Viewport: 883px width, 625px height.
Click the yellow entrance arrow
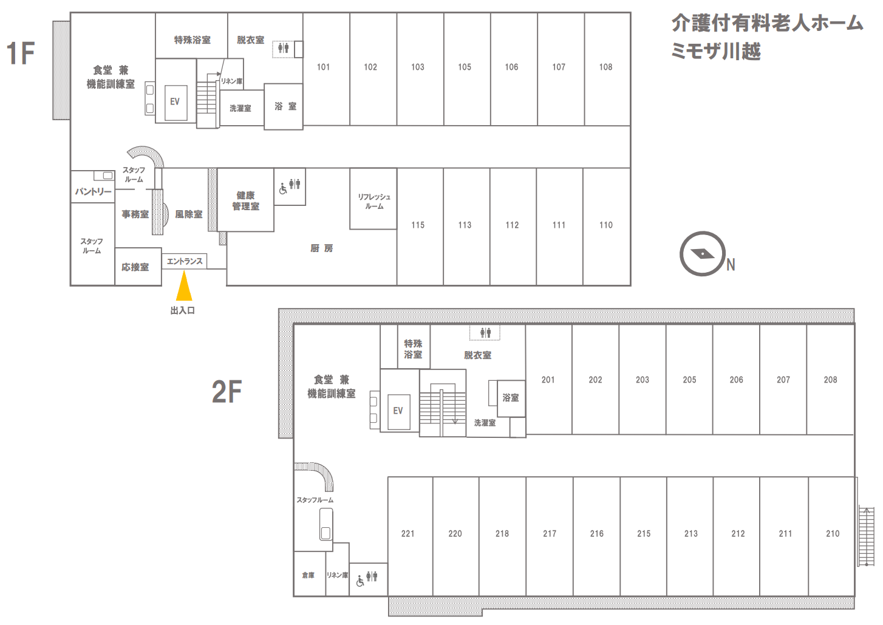tap(184, 285)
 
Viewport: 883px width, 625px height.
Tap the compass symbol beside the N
tap(703, 253)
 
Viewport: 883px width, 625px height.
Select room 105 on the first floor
tap(467, 69)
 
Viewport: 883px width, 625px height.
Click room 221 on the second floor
tap(411, 536)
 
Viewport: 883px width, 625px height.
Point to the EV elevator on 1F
tap(176, 101)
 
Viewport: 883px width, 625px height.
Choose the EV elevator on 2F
tap(399, 411)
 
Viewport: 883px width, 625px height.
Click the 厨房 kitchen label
tap(322, 248)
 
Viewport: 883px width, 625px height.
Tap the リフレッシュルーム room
tap(373, 199)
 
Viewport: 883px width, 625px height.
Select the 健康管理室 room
tap(245, 200)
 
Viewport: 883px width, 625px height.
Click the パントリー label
tap(94, 192)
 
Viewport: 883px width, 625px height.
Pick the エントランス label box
tap(185, 261)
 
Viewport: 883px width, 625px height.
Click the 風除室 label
tap(189, 214)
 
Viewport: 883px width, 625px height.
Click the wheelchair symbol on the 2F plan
tap(360, 581)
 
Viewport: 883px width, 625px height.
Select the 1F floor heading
tap(21, 53)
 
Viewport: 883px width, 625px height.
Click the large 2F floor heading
tap(227, 392)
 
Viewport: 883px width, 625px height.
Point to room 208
tap(831, 380)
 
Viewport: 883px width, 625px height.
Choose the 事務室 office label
tap(135, 214)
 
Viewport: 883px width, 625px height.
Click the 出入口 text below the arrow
tap(183, 311)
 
